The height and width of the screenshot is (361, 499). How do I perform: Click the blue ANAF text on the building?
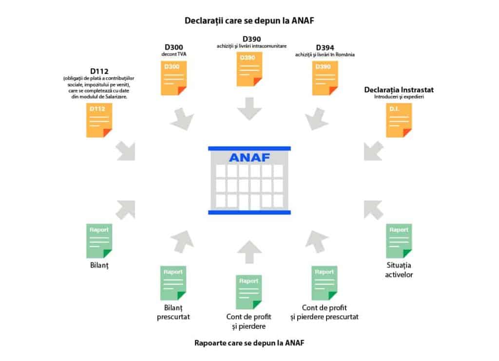point(249,157)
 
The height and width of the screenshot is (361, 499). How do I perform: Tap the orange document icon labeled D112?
point(99,121)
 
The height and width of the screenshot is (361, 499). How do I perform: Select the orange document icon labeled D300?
point(173,78)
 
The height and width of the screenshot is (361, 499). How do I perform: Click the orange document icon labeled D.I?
point(399,121)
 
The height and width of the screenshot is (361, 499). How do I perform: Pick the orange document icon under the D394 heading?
point(325,78)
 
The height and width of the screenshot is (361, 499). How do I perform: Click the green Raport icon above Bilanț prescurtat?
point(173,283)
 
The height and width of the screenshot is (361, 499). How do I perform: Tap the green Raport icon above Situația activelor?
point(399,241)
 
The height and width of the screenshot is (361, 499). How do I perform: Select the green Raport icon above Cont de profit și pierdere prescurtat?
point(324,283)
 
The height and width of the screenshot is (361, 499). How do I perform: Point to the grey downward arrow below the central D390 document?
point(249,108)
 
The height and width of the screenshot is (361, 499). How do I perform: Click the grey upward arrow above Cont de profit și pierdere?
point(249,252)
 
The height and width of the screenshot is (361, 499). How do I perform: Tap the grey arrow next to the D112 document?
point(126,151)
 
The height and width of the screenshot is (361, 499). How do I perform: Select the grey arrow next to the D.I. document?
point(373,151)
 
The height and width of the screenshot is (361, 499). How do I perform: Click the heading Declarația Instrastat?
point(399,90)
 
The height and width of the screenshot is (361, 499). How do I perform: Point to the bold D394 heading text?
point(325,48)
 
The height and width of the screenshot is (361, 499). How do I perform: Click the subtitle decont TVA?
point(174,54)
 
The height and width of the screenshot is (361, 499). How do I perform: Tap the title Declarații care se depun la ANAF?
point(249,20)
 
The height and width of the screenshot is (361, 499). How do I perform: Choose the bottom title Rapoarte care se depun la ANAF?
point(249,343)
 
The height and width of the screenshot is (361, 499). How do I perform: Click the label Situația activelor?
point(399,270)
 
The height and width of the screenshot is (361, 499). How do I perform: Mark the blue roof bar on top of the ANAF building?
point(249,148)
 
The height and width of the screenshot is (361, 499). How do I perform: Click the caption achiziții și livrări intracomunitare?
point(251,46)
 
